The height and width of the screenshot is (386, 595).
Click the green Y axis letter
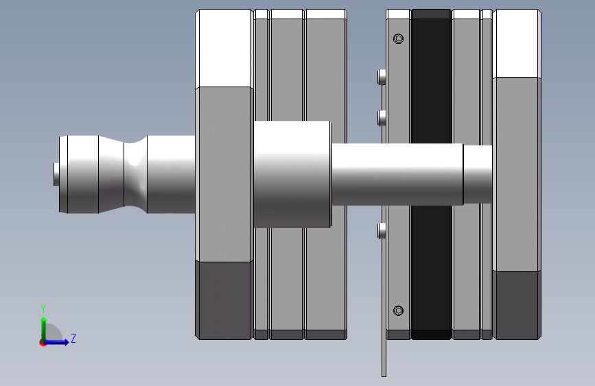(43, 308)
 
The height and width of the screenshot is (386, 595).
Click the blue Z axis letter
(73, 338)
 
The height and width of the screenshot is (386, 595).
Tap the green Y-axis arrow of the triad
(44, 328)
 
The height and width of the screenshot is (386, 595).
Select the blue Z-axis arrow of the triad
(56, 342)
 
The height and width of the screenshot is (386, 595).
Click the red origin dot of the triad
(43, 343)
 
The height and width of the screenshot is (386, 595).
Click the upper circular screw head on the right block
(398, 38)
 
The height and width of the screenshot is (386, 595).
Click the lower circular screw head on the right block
(398, 310)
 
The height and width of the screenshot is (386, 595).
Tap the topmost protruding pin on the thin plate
(382, 77)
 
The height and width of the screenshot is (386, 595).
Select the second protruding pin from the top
(382, 117)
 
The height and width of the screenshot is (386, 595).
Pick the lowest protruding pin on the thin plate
(382, 231)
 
